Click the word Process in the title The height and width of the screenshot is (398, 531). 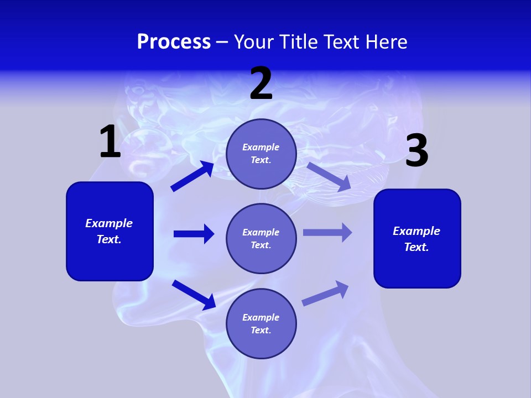[174, 42]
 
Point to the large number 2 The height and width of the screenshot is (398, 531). [261, 83]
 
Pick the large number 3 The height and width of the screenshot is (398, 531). [417, 151]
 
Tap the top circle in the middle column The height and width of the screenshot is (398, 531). [261, 154]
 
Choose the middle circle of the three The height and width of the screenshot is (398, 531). [261, 238]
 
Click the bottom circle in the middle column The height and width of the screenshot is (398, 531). [261, 323]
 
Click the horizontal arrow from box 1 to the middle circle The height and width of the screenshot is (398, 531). [194, 234]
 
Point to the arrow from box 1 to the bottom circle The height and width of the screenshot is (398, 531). [194, 295]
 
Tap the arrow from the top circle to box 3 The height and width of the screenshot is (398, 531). [329, 177]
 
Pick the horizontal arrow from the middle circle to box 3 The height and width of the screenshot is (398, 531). [327, 232]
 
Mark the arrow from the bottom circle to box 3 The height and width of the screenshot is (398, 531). [326, 293]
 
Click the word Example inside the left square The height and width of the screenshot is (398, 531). [109, 223]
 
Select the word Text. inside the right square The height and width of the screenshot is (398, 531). [417, 247]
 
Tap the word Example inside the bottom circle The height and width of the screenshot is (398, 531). [261, 317]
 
